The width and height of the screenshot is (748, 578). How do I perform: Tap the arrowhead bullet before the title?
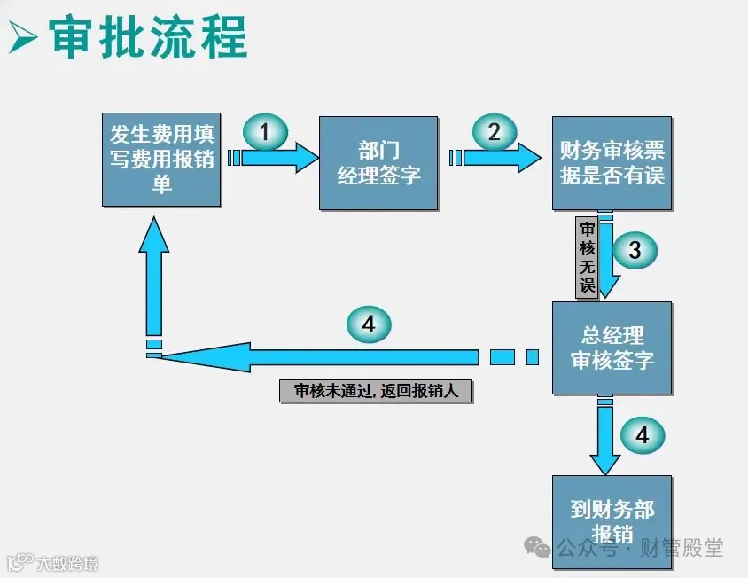pyautogui.click(x=24, y=39)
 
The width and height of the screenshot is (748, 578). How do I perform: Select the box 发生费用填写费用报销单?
pyautogui.click(x=161, y=160)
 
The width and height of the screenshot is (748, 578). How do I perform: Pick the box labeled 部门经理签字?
pyautogui.click(x=378, y=163)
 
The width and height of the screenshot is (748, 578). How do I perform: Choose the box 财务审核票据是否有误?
pyautogui.click(x=612, y=163)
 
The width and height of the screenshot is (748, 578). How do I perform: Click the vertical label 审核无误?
pyautogui.click(x=587, y=256)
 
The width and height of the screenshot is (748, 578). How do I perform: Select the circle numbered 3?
pyautogui.click(x=635, y=251)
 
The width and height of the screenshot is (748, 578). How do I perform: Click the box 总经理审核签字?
pyautogui.click(x=612, y=348)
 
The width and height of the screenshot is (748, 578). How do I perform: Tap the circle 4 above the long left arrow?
pyautogui.click(x=368, y=324)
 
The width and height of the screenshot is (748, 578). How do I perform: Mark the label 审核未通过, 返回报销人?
pyautogui.click(x=376, y=391)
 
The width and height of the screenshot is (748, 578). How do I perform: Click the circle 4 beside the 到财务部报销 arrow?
pyautogui.click(x=642, y=435)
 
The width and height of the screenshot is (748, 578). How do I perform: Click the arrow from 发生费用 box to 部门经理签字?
pyautogui.click(x=277, y=158)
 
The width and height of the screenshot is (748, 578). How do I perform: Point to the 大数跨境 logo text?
pyautogui.click(x=67, y=563)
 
